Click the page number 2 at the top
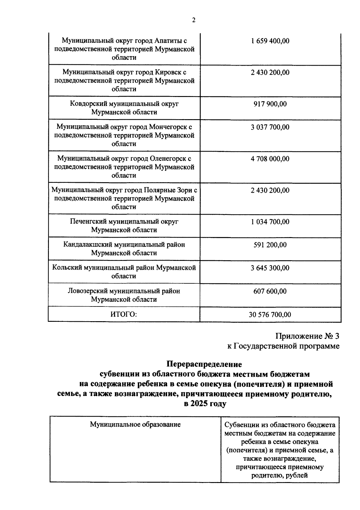click(x=193, y=20)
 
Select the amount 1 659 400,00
click(x=270, y=41)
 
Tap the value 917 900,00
click(x=270, y=104)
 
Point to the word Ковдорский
click(x=88, y=104)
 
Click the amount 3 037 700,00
click(x=270, y=127)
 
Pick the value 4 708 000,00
click(x=270, y=158)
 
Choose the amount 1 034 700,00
click(x=270, y=222)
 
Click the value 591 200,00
click(x=270, y=245)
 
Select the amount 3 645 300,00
click(x=270, y=268)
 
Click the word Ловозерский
click(x=87, y=291)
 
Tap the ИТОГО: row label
click(x=124, y=314)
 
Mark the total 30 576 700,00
click(x=270, y=315)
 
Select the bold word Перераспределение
click(x=204, y=364)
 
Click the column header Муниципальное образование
click(x=135, y=424)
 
